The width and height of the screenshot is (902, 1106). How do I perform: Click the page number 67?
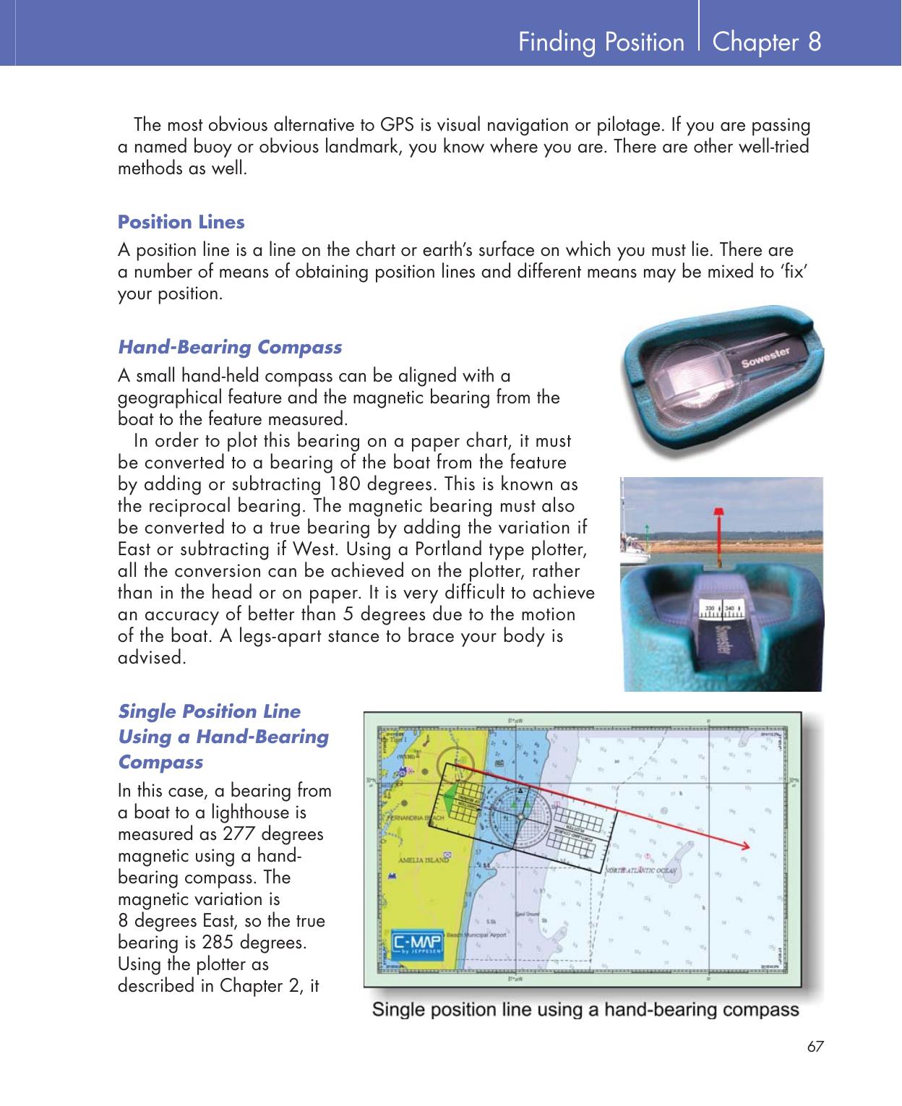tap(815, 1047)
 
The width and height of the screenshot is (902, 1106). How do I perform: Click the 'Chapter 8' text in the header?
tap(766, 42)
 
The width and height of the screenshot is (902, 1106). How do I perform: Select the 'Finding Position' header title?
tap(601, 43)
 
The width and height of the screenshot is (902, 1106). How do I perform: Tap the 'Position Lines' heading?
tap(181, 222)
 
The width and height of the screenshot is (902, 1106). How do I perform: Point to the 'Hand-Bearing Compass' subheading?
tap(230, 348)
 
